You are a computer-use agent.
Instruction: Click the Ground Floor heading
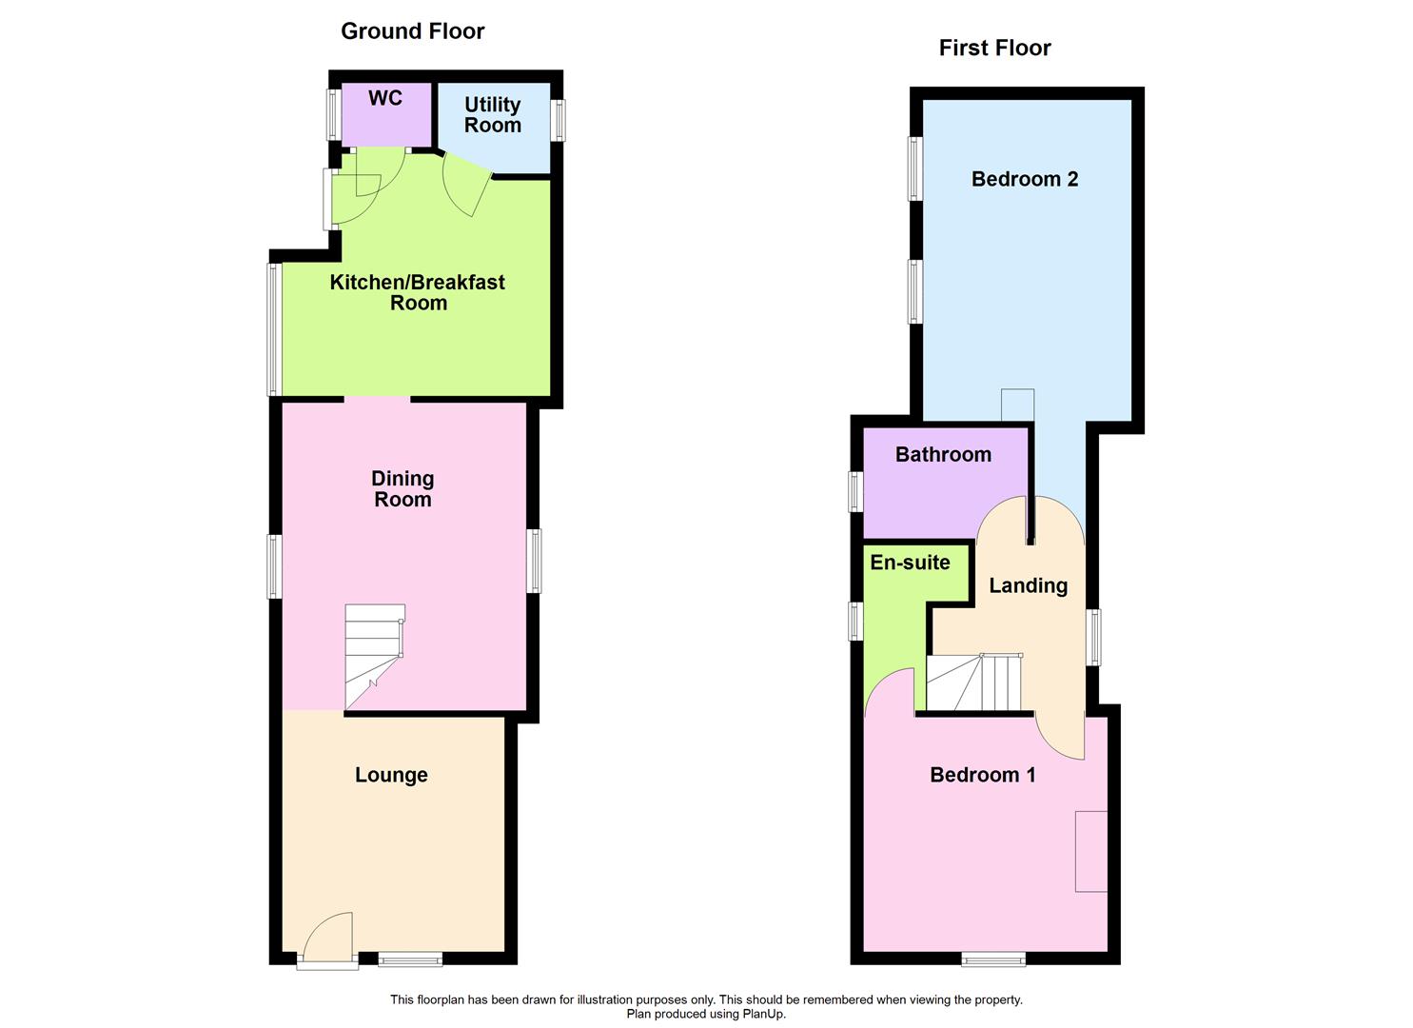click(x=413, y=31)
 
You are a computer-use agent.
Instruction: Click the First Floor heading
click(x=994, y=48)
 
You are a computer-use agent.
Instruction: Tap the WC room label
click(x=384, y=98)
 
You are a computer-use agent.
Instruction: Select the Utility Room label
click(x=493, y=115)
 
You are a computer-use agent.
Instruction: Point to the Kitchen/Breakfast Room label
click(x=418, y=292)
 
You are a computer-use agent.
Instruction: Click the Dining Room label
click(x=402, y=489)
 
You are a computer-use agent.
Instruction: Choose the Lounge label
click(x=391, y=775)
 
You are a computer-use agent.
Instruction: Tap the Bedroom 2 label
click(x=1025, y=179)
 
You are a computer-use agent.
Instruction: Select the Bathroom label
click(x=943, y=454)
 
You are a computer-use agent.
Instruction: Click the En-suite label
click(x=910, y=563)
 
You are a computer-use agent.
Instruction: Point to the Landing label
click(x=1029, y=585)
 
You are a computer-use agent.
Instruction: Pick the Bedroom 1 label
click(x=983, y=775)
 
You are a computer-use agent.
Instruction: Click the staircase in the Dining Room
click(x=375, y=657)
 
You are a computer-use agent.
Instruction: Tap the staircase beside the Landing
click(x=974, y=682)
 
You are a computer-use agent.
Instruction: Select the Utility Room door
click(x=467, y=183)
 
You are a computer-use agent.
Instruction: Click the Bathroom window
click(x=855, y=491)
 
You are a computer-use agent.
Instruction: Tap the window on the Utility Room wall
click(x=557, y=121)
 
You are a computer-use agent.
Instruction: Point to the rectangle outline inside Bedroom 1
click(x=1091, y=851)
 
